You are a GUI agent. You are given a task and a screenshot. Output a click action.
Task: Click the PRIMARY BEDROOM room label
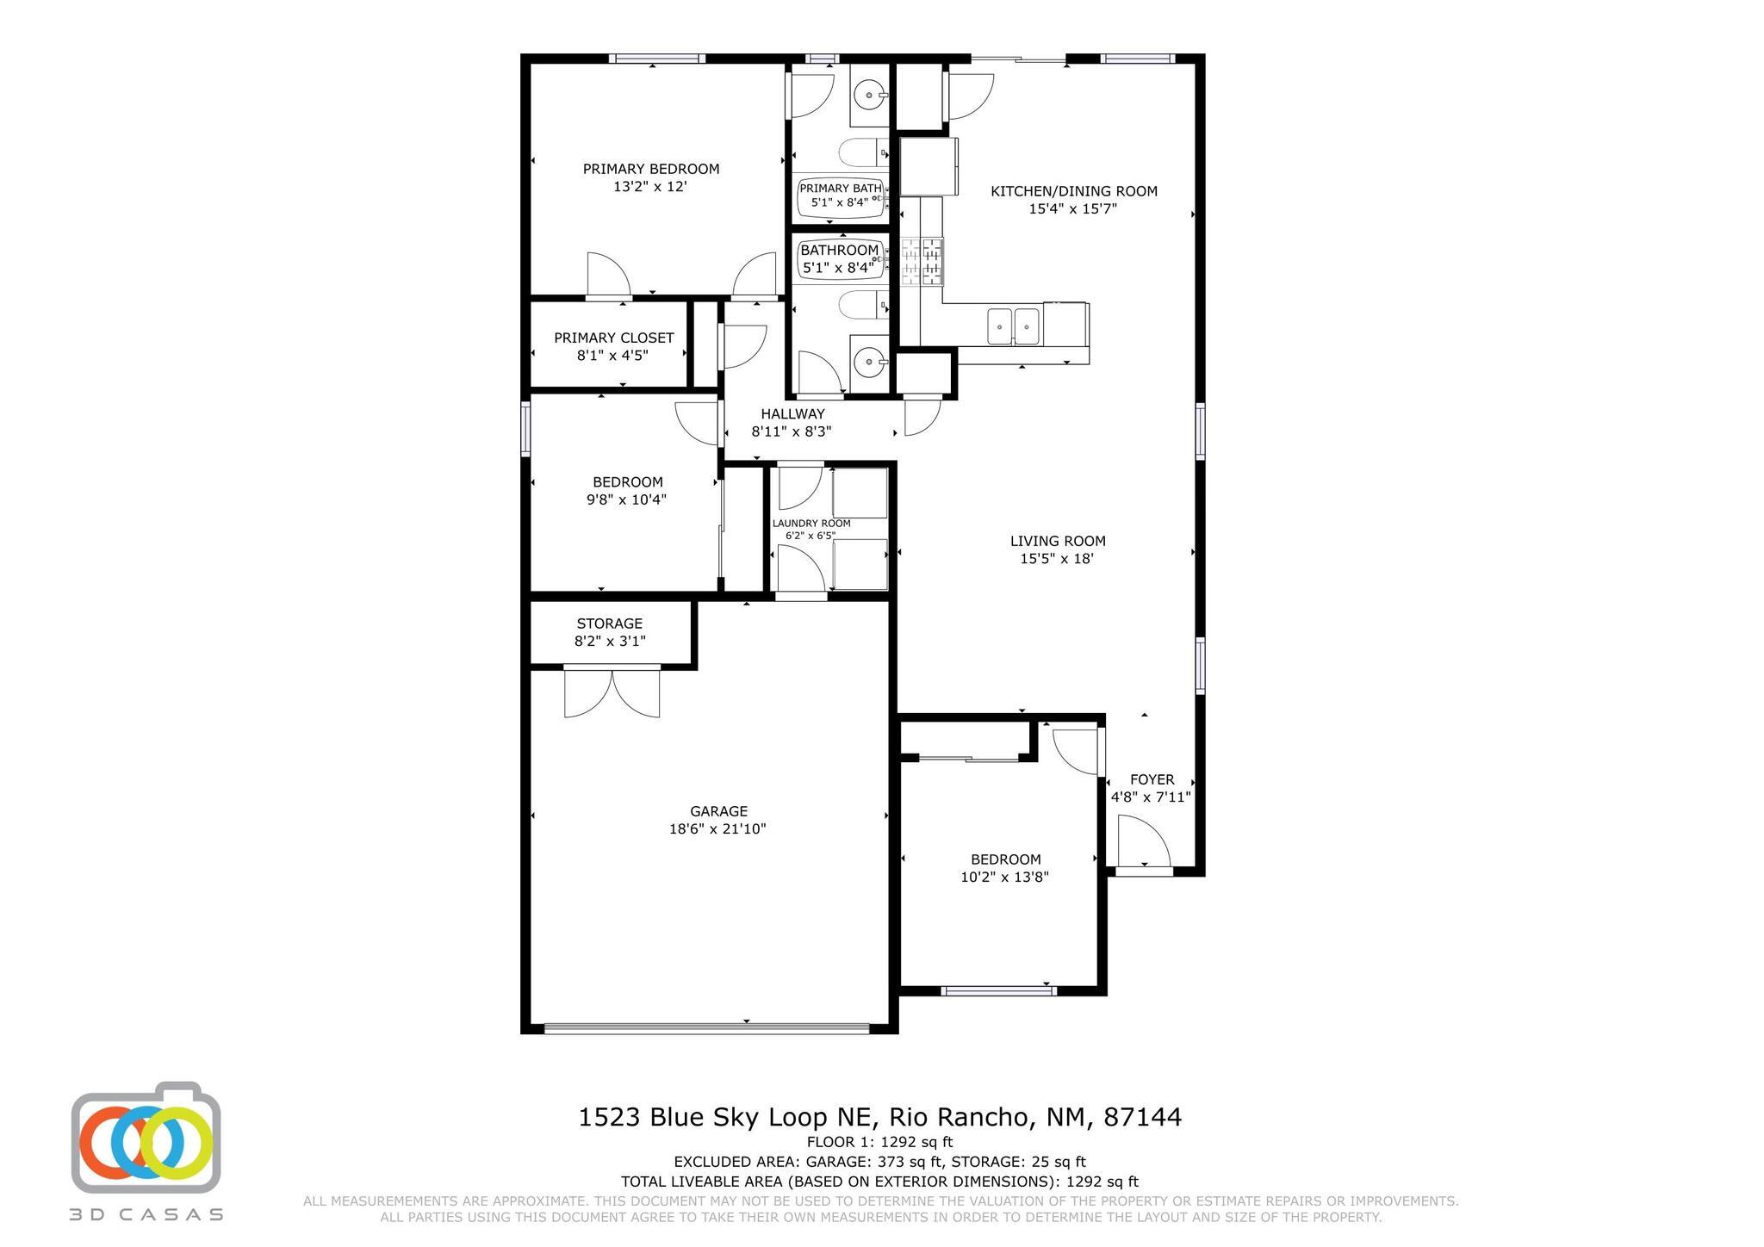click(x=650, y=169)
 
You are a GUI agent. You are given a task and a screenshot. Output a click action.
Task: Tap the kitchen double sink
click(x=1014, y=326)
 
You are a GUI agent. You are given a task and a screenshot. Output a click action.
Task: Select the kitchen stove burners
click(x=922, y=262)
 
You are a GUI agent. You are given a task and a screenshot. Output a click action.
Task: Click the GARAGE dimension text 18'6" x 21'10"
click(x=717, y=829)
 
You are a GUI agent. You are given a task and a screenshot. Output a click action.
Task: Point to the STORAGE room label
click(x=610, y=623)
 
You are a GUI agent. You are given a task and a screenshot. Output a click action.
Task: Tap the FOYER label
click(x=1152, y=779)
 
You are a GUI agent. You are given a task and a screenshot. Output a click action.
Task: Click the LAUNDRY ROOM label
click(x=811, y=523)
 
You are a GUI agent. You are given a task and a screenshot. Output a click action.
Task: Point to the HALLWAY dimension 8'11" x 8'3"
click(x=792, y=431)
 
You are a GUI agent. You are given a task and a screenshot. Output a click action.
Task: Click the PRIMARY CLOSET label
click(x=613, y=338)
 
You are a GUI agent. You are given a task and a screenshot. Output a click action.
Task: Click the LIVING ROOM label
click(x=1058, y=541)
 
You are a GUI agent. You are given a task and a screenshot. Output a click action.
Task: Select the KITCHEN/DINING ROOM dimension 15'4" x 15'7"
click(x=1073, y=208)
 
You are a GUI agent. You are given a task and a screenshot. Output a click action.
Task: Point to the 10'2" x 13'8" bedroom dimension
click(x=1004, y=878)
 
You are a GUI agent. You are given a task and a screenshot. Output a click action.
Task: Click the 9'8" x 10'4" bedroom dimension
click(x=627, y=499)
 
